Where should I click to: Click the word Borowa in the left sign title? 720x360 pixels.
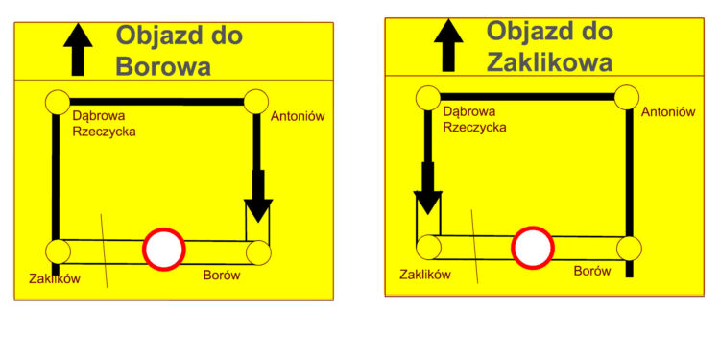pyautogui.click(x=162, y=66)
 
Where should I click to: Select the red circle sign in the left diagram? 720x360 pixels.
pyautogui.click(x=163, y=249)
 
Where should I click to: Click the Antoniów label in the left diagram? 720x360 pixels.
pyautogui.click(x=300, y=117)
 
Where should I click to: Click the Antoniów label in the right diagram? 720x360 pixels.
pyautogui.click(x=667, y=111)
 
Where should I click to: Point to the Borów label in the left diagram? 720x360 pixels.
pyautogui.click(x=222, y=276)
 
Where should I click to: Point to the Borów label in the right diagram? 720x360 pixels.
pyautogui.click(x=592, y=271)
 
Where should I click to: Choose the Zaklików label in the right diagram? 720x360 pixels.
pyautogui.click(x=425, y=274)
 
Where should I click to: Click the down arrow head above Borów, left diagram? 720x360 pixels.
pyautogui.click(x=258, y=210)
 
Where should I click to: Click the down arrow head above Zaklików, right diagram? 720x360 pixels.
pyautogui.click(x=427, y=204)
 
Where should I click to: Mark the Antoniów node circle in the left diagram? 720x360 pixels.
pyautogui.click(x=255, y=101)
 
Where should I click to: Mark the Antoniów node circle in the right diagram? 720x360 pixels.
pyautogui.click(x=626, y=96)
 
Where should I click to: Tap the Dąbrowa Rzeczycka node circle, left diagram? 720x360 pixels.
pyautogui.click(x=57, y=101)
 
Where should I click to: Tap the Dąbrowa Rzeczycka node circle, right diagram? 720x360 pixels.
pyautogui.click(x=427, y=96)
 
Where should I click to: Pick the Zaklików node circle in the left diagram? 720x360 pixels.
pyautogui.click(x=58, y=252)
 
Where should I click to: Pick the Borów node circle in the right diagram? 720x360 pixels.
pyautogui.click(x=628, y=248)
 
